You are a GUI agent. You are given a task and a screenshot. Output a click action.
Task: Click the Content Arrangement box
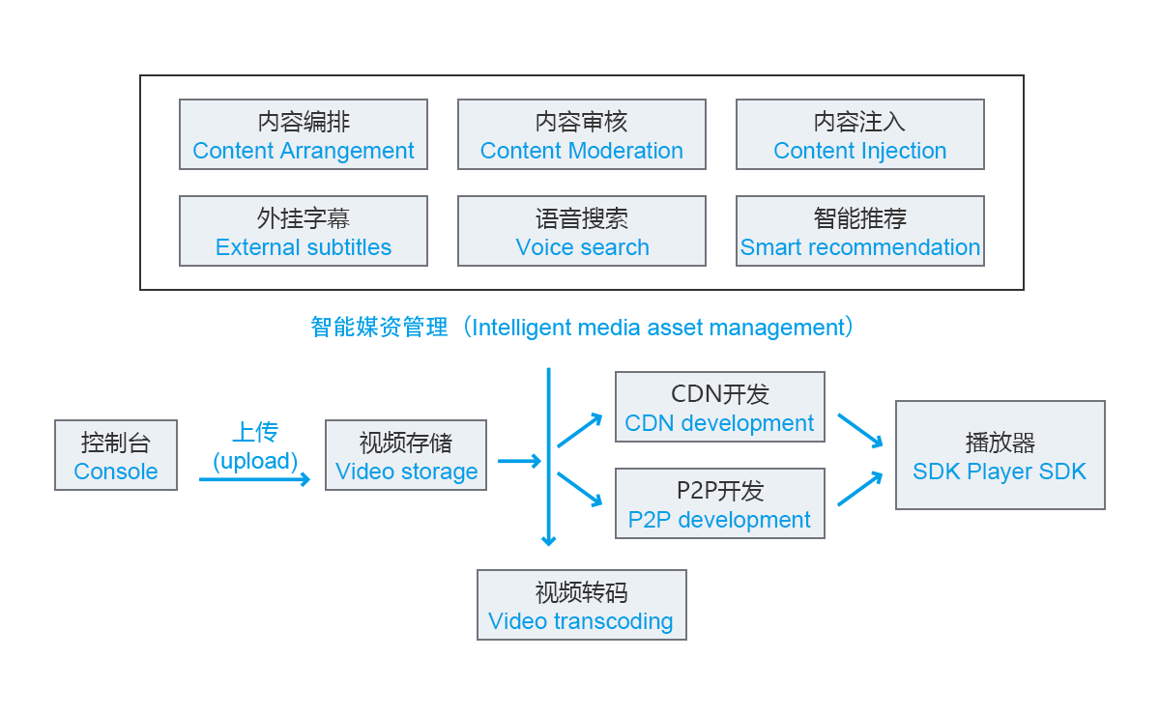click(x=304, y=135)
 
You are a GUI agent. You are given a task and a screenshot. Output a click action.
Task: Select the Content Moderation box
click(x=582, y=135)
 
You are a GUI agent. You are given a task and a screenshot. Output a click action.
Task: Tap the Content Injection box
click(x=860, y=135)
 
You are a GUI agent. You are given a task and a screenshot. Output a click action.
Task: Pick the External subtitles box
click(x=304, y=232)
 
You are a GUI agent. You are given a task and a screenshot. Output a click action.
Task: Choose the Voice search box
click(x=582, y=232)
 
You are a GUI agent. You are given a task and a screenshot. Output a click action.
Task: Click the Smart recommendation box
click(x=860, y=232)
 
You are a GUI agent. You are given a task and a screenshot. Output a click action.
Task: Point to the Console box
click(x=116, y=455)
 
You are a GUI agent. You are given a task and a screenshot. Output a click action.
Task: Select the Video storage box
click(x=406, y=455)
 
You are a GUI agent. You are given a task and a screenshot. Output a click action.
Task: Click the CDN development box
click(x=720, y=407)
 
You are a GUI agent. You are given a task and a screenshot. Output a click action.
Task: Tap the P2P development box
click(x=720, y=503)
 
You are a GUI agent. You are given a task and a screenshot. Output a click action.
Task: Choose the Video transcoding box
click(x=582, y=605)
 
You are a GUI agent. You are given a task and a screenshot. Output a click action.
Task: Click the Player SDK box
click(x=1000, y=455)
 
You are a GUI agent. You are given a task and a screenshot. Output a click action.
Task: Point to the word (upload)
click(x=255, y=461)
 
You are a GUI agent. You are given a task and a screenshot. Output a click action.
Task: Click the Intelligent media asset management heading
click(x=582, y=328)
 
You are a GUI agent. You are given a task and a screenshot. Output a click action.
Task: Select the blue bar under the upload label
click(x=255, y=479)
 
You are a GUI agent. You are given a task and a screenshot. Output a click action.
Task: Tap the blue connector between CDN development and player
click(x=860, y=431)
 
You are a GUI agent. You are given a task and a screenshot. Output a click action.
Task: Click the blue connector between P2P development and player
click(x=860, y=489)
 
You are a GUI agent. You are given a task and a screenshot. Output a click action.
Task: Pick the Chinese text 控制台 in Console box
click(x=116, y=443)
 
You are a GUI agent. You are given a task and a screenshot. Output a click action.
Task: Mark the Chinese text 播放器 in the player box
click(x=1000, y=443)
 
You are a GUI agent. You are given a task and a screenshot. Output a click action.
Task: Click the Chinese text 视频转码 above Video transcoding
click(x=582, y=592)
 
